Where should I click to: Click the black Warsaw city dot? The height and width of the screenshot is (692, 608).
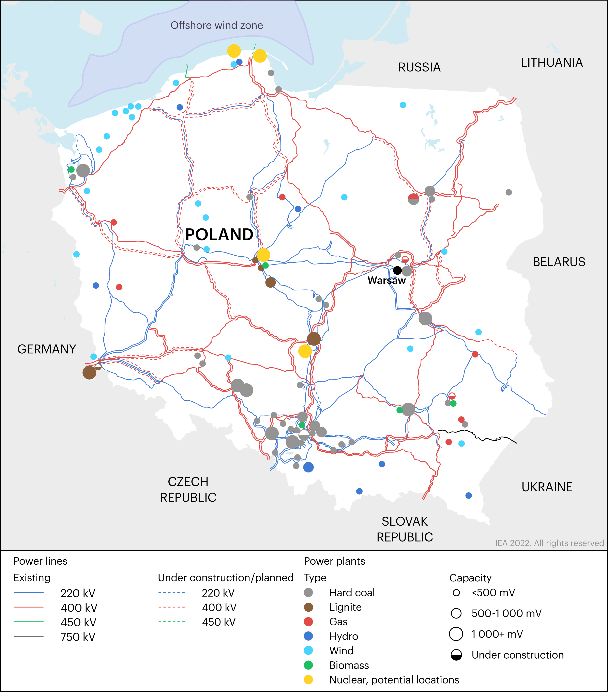click(397, 270)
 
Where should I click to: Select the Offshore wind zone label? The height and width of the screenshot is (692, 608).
click(217, 25)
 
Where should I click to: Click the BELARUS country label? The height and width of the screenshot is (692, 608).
click(559, 262)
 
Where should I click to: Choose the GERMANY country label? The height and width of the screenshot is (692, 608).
click(47, 349)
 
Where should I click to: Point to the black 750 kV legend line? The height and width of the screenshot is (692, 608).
click(29, 636)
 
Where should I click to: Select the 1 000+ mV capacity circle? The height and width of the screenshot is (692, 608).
click(456, 634)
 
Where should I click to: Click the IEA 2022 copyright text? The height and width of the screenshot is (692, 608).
click(549, 543)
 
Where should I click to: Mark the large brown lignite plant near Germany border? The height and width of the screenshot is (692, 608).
click(89, 372)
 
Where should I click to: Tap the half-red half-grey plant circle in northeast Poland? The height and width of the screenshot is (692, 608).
click(413, 199)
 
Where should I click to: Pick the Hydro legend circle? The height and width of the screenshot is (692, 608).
click(308, 636)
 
